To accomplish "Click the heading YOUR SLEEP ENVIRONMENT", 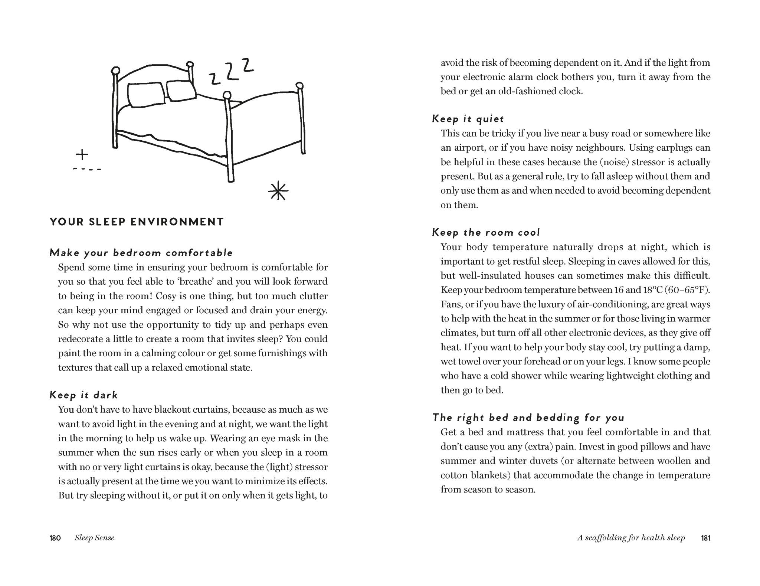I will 137,222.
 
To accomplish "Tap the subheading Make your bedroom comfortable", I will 141,253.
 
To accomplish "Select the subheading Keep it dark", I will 83,395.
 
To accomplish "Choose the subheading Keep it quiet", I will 468,119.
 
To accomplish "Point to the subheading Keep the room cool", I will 486,232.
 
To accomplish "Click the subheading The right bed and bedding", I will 528,418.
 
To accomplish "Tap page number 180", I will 55,538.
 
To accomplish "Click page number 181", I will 706,538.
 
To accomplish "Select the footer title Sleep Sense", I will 94,538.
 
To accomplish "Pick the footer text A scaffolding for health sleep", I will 630,538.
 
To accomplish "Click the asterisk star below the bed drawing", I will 278,191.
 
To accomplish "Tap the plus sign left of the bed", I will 82,154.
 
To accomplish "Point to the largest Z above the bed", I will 248,65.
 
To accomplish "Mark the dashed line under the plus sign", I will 87,169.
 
